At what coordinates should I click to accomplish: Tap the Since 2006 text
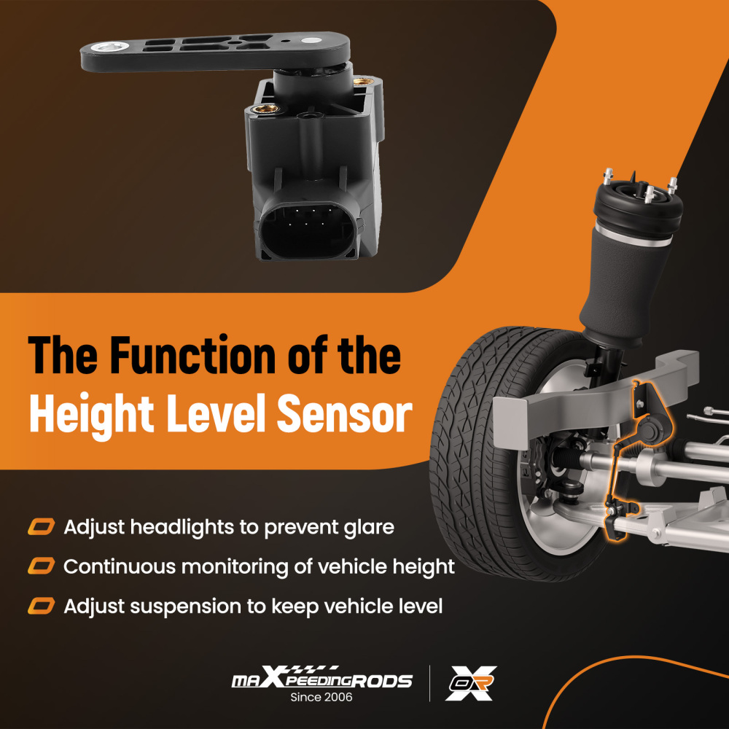click(321, 698)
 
